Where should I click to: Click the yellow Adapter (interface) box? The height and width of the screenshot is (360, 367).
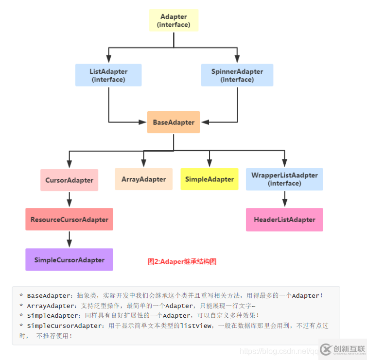coord(174,20)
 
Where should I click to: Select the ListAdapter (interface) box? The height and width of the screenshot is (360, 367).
coord(108,75)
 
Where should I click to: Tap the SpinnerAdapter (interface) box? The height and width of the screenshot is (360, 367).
coord(237,75)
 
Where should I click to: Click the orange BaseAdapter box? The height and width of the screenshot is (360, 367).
coord(174,122)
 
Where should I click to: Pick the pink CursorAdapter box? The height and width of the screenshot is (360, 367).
coord(69,180)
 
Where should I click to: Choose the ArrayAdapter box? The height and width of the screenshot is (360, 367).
coord(143,179)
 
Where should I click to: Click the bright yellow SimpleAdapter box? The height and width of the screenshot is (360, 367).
coord(210,179)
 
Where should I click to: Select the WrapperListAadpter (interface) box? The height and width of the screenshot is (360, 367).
coord(284,179)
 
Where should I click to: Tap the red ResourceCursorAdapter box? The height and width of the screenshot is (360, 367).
coord(69,219)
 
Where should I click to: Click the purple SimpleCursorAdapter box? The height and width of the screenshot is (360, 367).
coord(69,260)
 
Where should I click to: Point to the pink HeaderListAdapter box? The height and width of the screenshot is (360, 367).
coord(284,220)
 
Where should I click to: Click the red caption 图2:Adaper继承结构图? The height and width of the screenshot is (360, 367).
coord(182,261)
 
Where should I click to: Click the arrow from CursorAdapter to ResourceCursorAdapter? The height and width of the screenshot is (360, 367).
coord(70,199)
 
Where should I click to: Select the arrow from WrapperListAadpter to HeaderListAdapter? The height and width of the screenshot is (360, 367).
coord(285,199)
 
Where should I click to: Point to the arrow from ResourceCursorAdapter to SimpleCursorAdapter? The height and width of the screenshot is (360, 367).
coord(70,240)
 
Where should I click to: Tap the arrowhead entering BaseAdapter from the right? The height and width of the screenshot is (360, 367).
coord(204,122)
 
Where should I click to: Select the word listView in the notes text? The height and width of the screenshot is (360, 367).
coord(195,326)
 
